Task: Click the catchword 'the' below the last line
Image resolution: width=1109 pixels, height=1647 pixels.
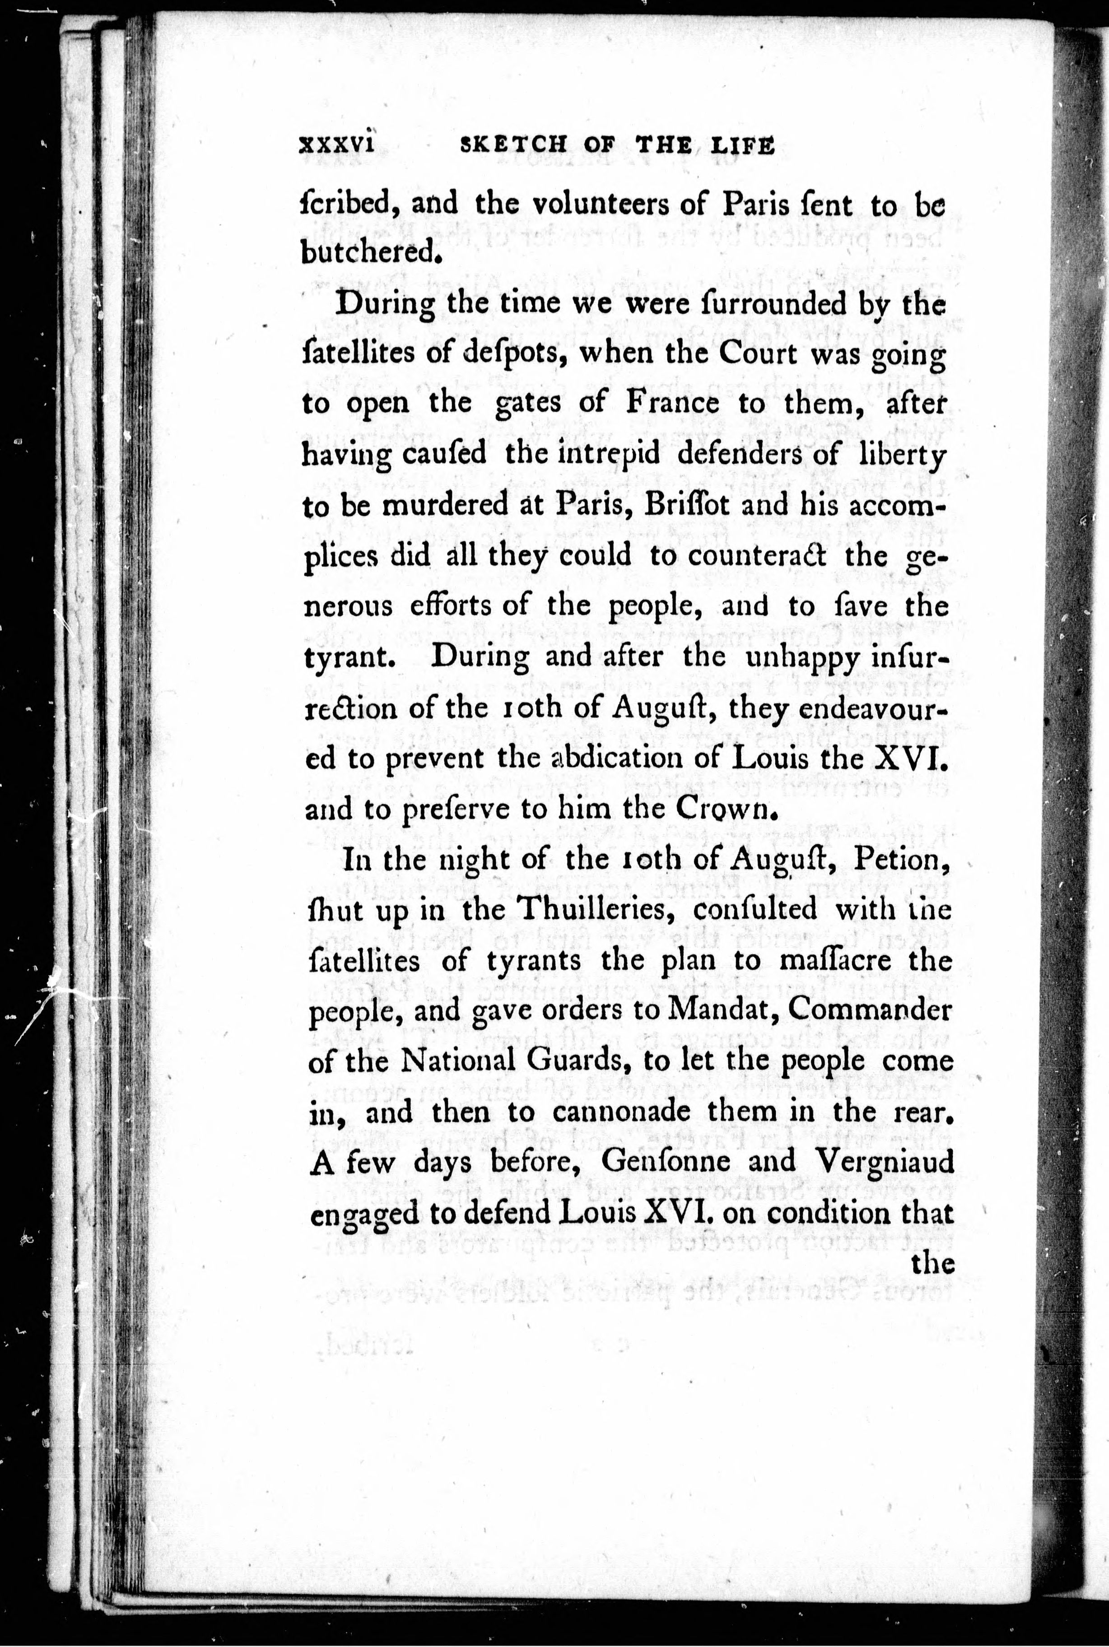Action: tap(933, 1263)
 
